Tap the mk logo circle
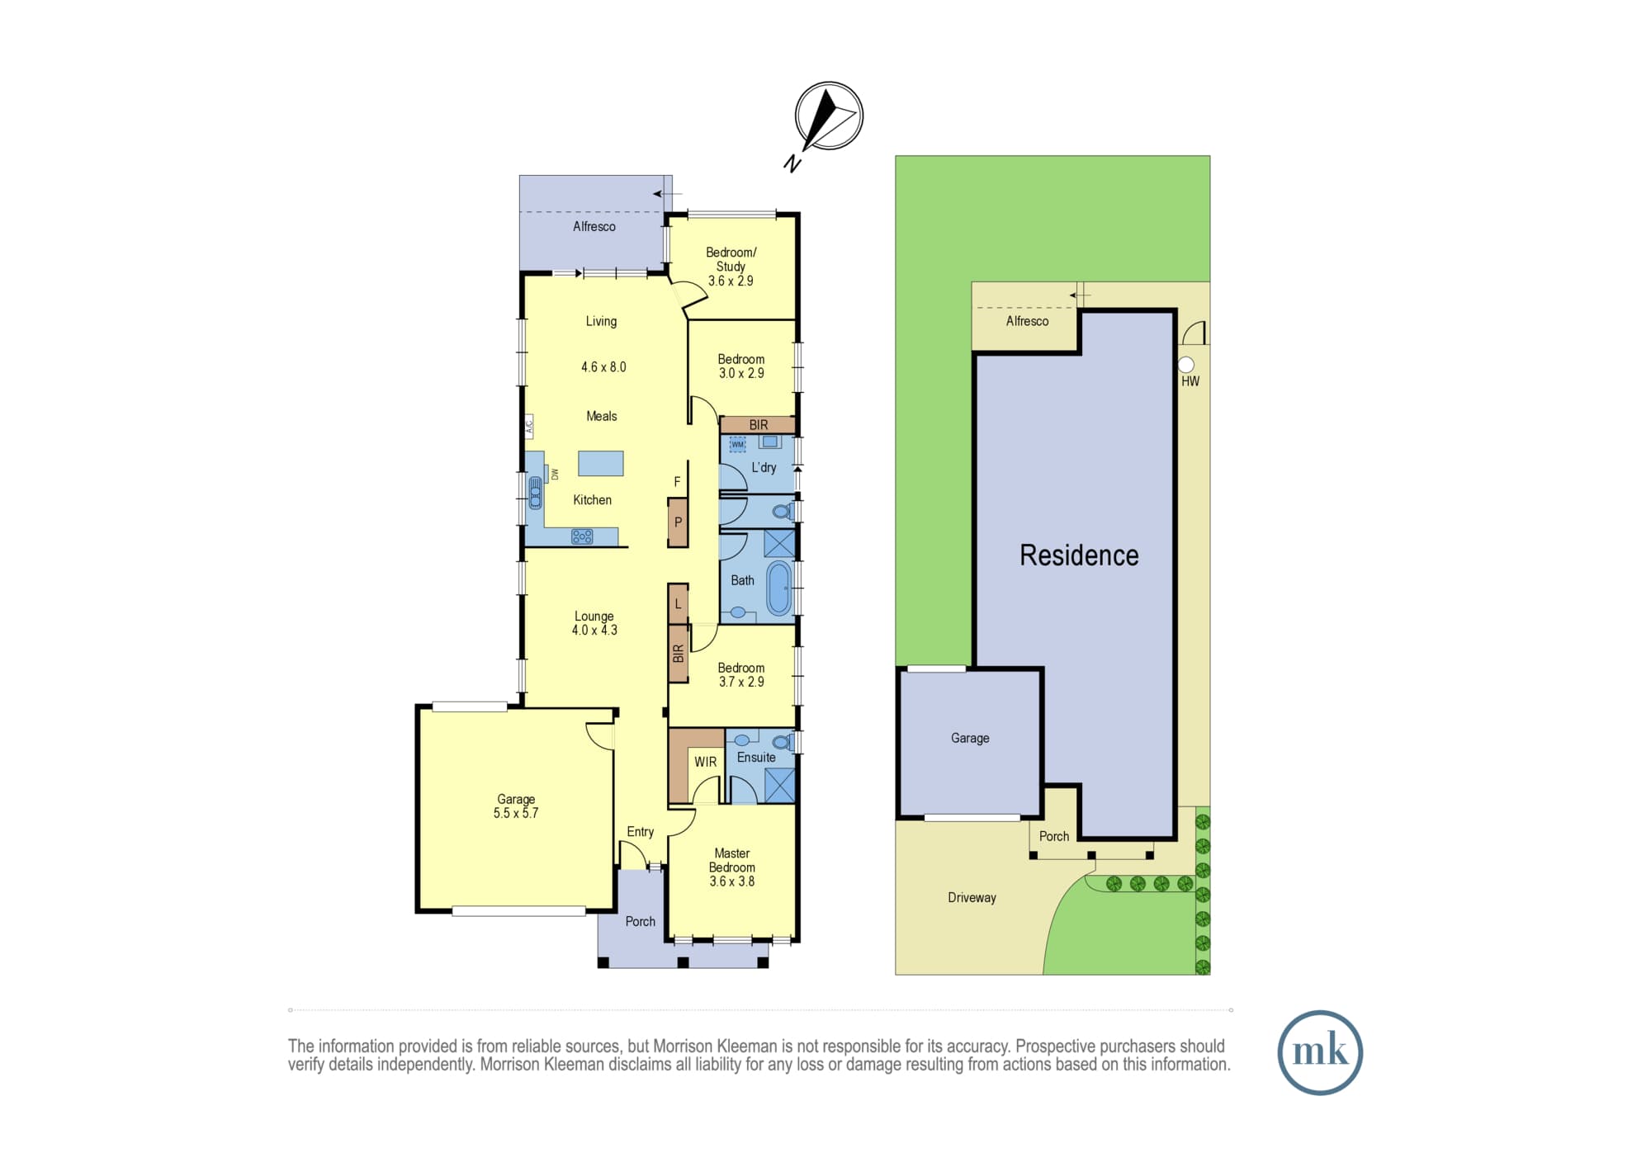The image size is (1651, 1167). point(1320,1052)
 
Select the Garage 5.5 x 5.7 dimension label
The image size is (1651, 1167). point(516,806)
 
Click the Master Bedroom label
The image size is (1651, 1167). point(732,861)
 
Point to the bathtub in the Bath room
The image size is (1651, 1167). point(778,588)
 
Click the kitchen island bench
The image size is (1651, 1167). point(600,463)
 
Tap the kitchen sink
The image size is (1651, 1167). point(535,493)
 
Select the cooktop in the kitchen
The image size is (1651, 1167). point(582,537)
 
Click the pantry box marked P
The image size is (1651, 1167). point(678,522)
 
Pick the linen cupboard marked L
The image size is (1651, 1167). point(678,603)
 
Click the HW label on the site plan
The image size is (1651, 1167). point(1190,381)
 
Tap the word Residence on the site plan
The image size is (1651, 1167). point(1079,555)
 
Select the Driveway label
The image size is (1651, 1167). point(972,898)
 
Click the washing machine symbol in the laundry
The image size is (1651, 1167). point(737,444)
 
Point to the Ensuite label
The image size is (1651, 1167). point(756,758)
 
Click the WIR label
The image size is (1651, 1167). point(705,762)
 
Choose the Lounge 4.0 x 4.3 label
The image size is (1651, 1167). point(594,623)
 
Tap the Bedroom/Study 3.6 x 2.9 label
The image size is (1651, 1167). point(731,267)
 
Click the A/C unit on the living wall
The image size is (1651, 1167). point(529,427)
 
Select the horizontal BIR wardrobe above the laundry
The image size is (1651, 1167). point(758,425)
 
